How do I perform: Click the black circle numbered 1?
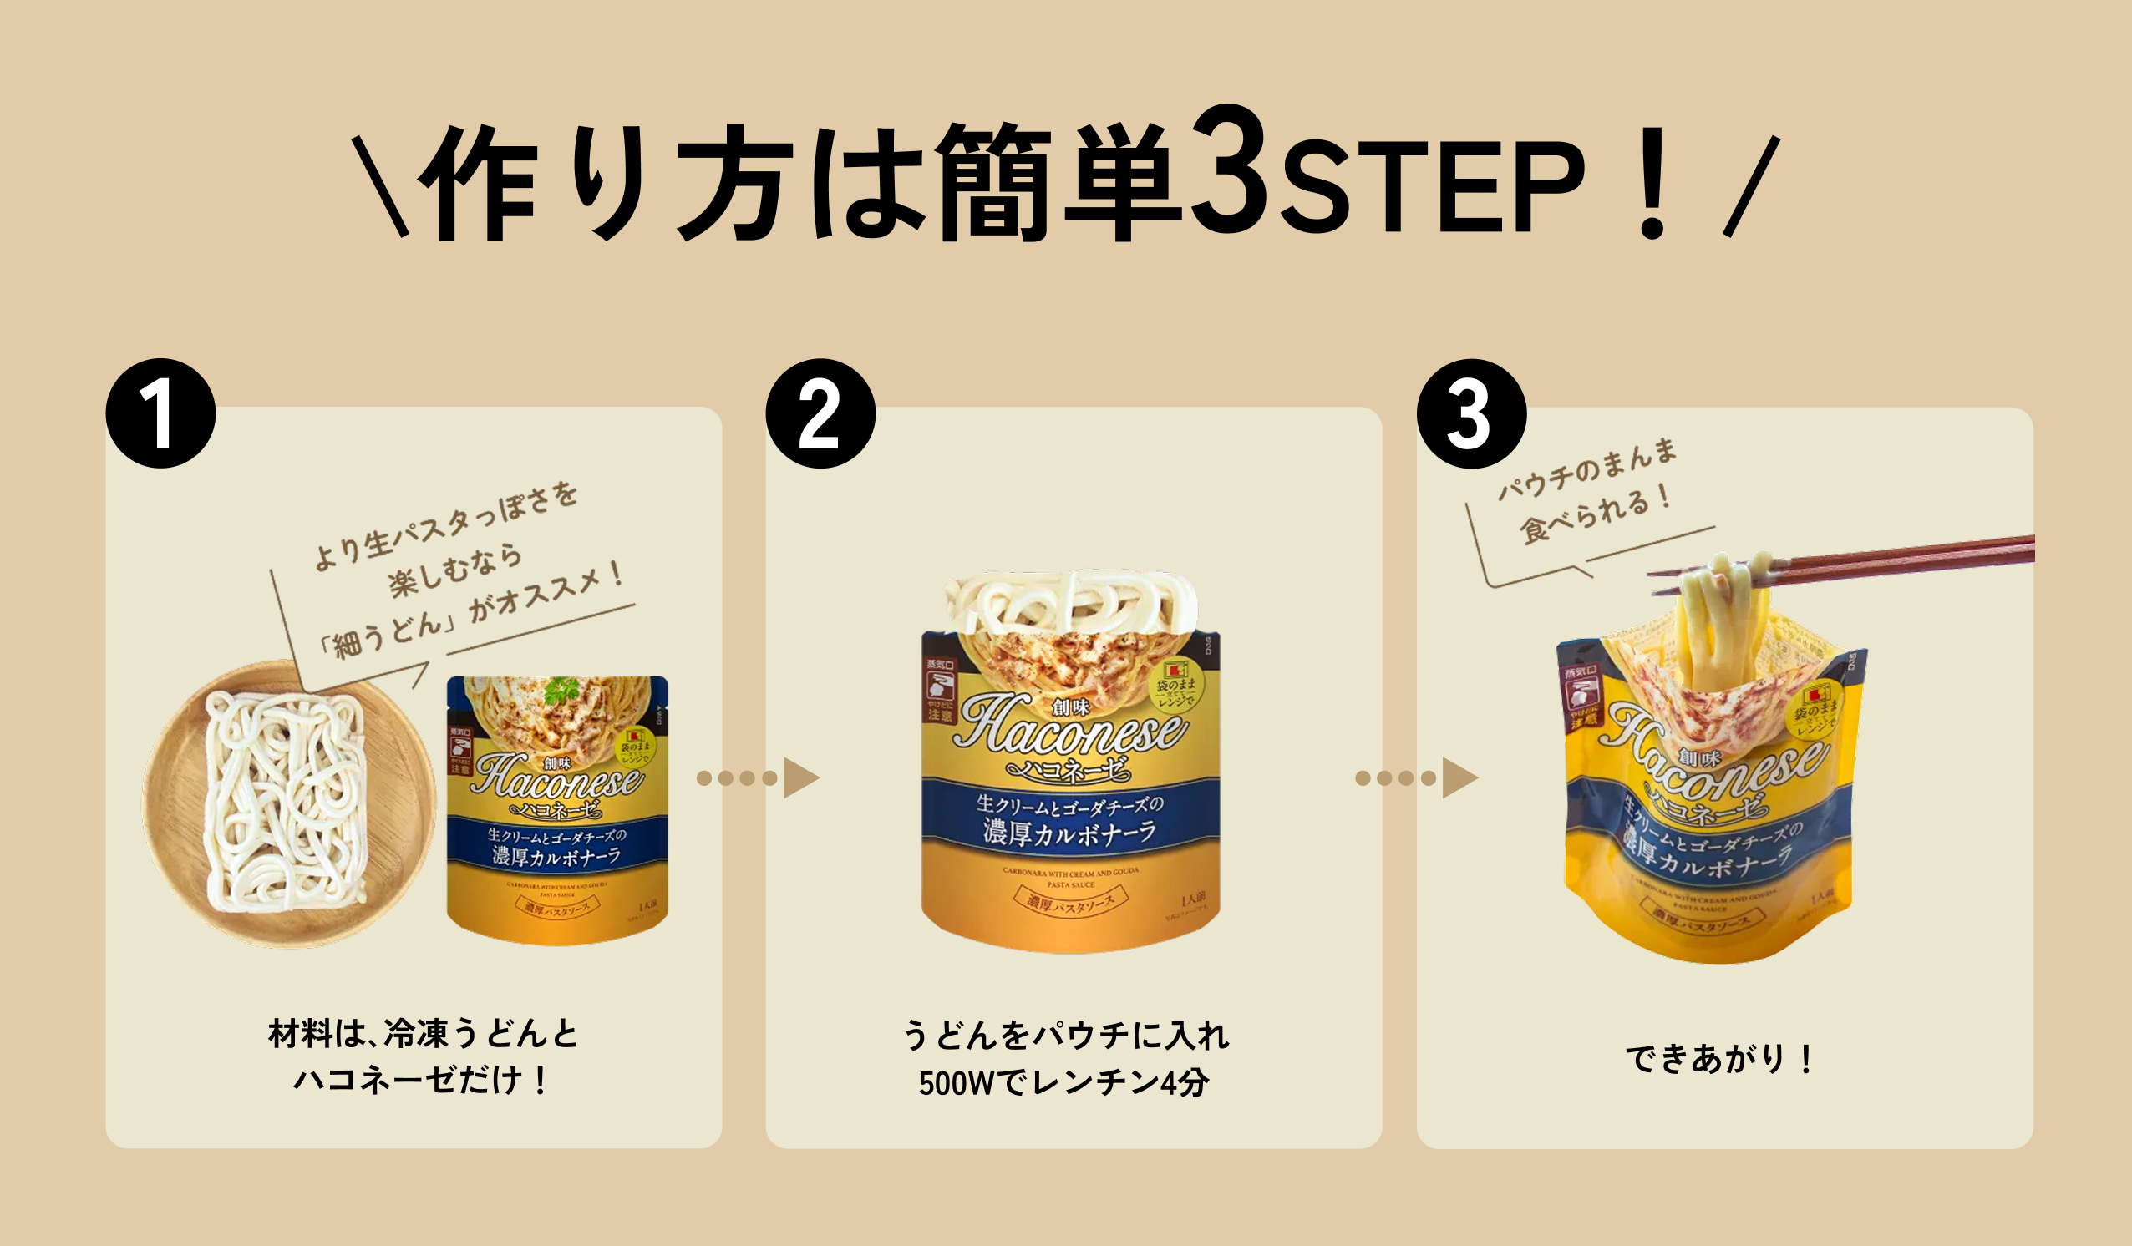160,413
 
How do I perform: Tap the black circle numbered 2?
820,413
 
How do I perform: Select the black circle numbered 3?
1471,413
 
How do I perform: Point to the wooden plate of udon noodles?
287,803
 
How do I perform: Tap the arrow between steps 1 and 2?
757,778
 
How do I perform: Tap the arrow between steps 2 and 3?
1416,778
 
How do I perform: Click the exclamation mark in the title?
1652,182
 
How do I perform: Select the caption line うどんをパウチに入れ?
1064,1036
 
